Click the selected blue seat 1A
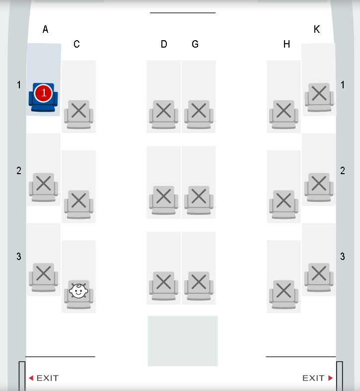[43, 97]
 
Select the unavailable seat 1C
[78, 115]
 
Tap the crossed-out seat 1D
[164, 115]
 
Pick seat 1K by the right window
[319, 97]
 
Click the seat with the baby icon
[78, 294]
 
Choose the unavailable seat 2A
[43, 187]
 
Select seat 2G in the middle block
[199, 200]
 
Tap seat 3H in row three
[284, 295]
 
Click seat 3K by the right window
[319, 277]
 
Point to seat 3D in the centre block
[164, 286]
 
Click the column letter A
[45, 29]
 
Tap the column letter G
[195, 44]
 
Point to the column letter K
[317, 29]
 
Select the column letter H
[287, 44]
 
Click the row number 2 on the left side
[19, 171]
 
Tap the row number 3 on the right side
[343, 257]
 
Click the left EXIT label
[47, 378]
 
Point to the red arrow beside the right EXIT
[330, 378]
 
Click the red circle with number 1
[43, 93]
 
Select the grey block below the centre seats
[183, 341]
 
